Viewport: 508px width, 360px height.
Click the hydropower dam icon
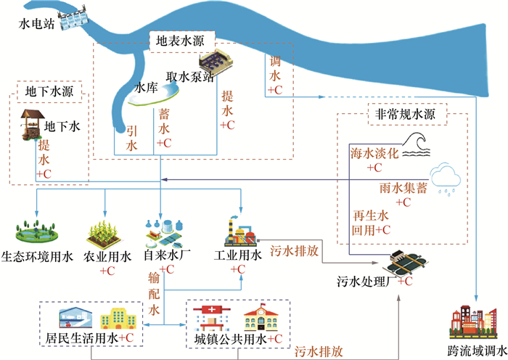tap(75, 20)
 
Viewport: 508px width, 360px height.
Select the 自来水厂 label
tap(166, 256)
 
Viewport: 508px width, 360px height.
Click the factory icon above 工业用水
tap(239, 231)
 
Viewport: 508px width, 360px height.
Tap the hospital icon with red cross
tap(212, 317)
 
